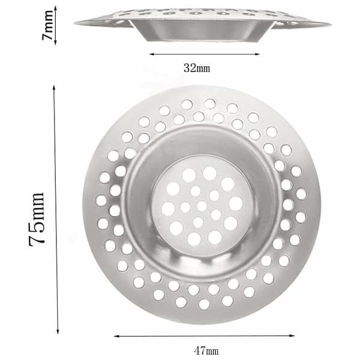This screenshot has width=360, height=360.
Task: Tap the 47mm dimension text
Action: point(206,350)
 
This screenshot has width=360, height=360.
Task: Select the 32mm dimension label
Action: point(197,68)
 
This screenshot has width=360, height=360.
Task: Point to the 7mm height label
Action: point(47,25)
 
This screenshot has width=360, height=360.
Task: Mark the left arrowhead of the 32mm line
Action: point(152,54)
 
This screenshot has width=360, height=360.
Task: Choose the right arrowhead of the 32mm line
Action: point(257,55)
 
